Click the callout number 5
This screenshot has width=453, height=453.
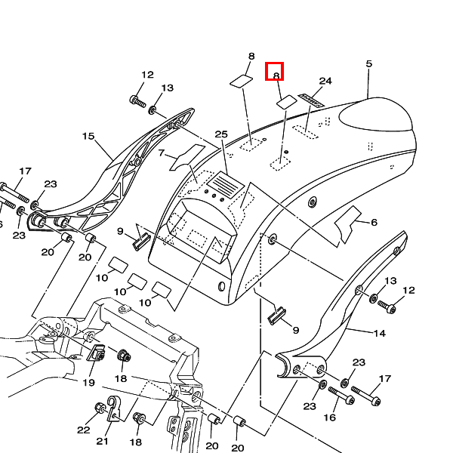368,64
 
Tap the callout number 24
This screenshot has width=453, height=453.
325,81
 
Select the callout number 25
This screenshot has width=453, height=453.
220,134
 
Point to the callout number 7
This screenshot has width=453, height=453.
161,153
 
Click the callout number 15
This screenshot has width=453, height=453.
88,137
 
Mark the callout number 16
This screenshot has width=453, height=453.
330,417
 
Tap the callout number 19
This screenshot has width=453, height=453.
88,383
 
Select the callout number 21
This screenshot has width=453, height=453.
102,442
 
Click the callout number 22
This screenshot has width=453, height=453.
82,430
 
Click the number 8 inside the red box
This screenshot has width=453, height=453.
276,75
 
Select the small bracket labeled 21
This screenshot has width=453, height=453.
114,409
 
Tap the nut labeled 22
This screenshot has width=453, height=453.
100,409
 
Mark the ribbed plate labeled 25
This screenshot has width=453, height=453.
225,183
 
